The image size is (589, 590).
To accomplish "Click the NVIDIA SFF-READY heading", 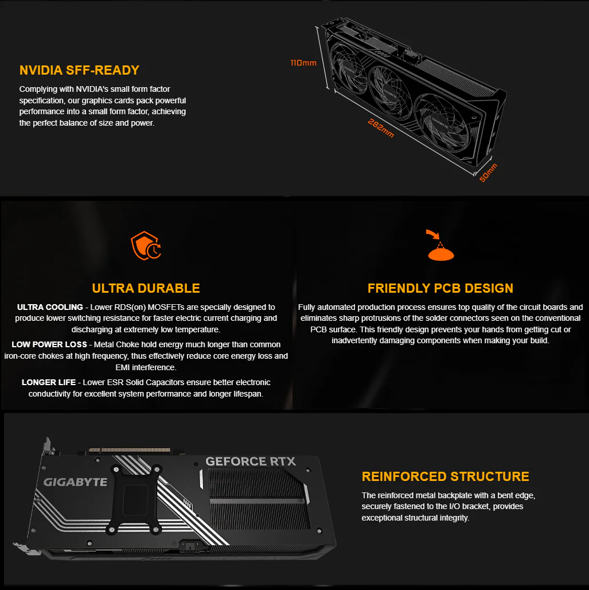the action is point(79,71).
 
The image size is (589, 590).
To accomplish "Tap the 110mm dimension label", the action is point(303,63).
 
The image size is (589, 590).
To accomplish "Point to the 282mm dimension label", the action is point(381,129).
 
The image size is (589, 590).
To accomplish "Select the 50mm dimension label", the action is point(488,173).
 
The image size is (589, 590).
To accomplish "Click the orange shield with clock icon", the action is point(146,246).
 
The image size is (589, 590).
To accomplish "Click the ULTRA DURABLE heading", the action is point(146,288).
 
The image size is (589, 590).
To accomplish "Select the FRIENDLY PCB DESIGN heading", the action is point(440,288).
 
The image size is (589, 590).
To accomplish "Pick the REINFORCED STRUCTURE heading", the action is point(445,476).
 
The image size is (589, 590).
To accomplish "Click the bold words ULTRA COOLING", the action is point(50,307).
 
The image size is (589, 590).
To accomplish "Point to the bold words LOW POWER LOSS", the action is point(49,344).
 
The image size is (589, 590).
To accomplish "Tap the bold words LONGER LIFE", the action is point(49,382).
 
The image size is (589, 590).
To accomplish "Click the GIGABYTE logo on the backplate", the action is point(75,482).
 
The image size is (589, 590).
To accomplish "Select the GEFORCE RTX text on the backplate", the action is point(251,461).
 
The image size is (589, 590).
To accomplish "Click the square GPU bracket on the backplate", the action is point(135,499).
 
